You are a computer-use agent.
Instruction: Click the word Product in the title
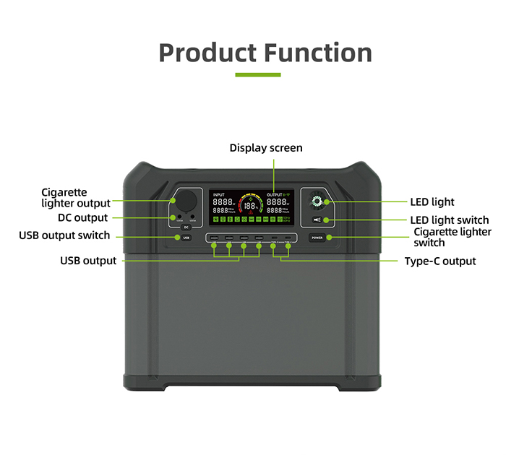207,53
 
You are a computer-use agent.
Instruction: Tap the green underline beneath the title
257,74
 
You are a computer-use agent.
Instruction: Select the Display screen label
266,148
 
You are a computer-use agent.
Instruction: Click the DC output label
82,217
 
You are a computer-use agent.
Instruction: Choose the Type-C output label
439,261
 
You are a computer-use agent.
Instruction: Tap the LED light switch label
450,220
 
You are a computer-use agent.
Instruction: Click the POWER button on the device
317,237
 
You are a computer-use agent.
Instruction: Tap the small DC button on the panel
186,227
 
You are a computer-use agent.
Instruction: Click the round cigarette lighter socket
184,201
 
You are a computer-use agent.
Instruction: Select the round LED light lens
317,201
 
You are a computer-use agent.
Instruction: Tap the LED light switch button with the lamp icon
317,220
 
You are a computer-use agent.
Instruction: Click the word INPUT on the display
219,195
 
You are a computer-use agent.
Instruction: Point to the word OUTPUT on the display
275,195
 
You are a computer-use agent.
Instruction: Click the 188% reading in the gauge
249,206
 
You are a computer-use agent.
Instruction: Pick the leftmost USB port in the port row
213,238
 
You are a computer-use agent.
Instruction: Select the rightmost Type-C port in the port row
288,238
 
